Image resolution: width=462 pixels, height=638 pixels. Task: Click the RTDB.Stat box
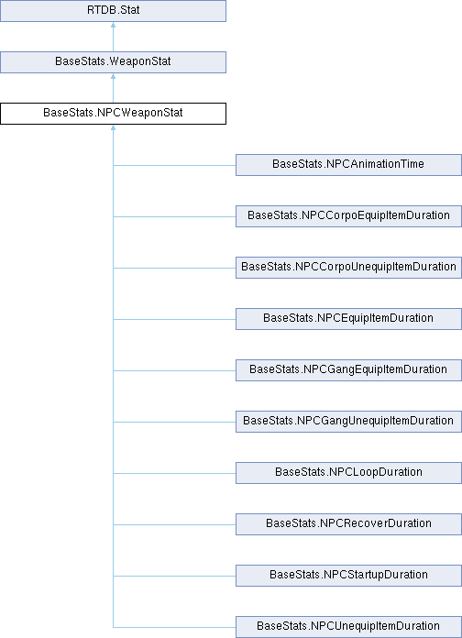pos(113,11)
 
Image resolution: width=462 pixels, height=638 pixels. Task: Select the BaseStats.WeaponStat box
pos(113,62)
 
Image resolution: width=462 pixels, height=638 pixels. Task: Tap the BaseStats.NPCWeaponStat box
pos(113,114)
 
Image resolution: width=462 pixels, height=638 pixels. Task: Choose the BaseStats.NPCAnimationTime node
pos(348,165)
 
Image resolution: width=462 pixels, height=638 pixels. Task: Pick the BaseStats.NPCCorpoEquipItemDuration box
pos(348,216)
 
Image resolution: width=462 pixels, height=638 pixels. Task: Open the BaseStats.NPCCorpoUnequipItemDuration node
pos(348,268)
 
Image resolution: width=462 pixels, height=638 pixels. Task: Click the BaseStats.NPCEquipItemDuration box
pos(348,319)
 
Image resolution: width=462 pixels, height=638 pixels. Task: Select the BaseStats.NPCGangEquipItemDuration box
pos(348,369)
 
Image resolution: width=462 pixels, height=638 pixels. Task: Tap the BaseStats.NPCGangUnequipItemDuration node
pos(348,421)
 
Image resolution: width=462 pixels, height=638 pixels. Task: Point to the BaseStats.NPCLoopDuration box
pos(348,472)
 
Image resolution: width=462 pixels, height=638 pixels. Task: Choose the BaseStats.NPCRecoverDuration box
pos(348,523)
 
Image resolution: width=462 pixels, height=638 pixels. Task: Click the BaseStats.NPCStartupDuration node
pos(348,575)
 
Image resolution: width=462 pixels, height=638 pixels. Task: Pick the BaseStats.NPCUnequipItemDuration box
pos(348,626)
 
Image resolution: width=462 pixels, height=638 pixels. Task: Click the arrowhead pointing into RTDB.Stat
pos(113,25)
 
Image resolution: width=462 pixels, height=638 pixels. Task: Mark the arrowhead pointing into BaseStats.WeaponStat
pos(113,76)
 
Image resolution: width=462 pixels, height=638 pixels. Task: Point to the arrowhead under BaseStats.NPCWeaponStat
pos(113,127)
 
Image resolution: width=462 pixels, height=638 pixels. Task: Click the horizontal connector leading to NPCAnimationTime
pos(174,165)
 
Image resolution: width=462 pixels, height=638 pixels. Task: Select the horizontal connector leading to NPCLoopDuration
pos(174,473)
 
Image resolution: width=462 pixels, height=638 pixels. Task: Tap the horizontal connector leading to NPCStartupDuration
pos(174,576)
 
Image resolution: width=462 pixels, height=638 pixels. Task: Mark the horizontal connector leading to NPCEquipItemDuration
pos(174,319)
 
